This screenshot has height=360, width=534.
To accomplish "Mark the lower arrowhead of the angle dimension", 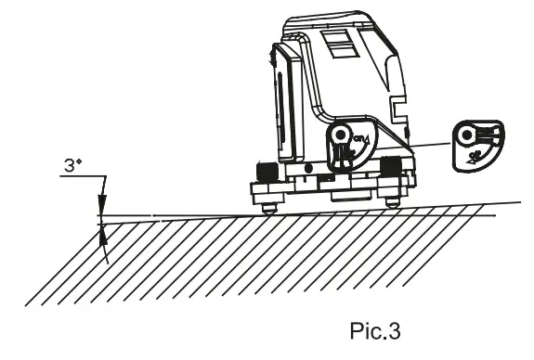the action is [x=103, y=231].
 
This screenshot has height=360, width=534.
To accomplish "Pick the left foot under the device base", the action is [x=267, y=205].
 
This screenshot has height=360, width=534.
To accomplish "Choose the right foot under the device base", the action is [x=393, y=200].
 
